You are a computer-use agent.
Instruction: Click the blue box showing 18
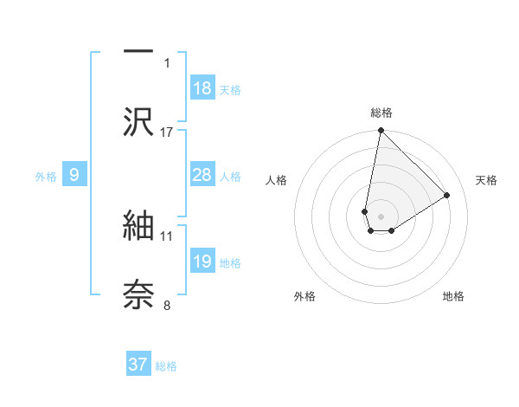point(202,87)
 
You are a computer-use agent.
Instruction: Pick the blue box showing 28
point(202,176)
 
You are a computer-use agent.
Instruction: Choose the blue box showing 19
point(202,262)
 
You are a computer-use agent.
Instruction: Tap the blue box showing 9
point(74,176)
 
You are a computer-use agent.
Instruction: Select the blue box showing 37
point(138,365)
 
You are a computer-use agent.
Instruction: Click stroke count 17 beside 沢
point(167,132)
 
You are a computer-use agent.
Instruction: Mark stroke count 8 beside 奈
point(167,305)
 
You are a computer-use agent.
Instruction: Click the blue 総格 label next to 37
point(167,366)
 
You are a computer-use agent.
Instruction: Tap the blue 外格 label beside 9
point(46,177)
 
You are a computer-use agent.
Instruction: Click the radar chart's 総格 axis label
point(381,113)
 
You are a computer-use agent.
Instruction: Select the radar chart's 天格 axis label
point(486,180)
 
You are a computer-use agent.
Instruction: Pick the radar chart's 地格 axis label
point(453,296)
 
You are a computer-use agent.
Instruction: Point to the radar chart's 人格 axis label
point(277,180)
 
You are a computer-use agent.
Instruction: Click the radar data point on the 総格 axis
point(381,132)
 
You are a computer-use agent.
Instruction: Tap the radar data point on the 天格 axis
point(447,196)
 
